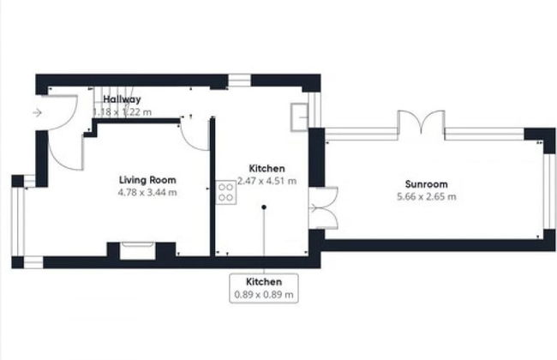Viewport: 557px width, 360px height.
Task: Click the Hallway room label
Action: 122,99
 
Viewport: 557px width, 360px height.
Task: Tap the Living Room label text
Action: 147,180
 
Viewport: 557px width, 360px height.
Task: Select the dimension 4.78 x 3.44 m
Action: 147,193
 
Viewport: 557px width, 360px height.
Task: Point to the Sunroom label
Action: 426,184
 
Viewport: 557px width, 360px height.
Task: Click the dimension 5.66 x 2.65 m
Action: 426,197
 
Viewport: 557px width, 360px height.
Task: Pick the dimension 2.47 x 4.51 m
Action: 267,181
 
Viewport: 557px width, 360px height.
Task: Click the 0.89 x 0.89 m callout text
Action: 264,295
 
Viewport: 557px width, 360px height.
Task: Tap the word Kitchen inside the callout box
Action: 264,282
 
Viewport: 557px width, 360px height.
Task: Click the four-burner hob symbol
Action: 226,192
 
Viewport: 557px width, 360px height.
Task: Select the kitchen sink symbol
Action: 299,117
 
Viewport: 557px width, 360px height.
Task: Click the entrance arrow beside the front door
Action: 37,113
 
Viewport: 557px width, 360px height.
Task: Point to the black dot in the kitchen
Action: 264,207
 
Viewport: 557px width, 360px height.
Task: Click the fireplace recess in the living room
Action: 137,250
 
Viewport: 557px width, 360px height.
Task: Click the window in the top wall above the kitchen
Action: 239,81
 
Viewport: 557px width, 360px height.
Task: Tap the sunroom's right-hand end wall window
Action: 549,191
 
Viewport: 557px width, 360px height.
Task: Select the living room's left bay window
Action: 18,221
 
